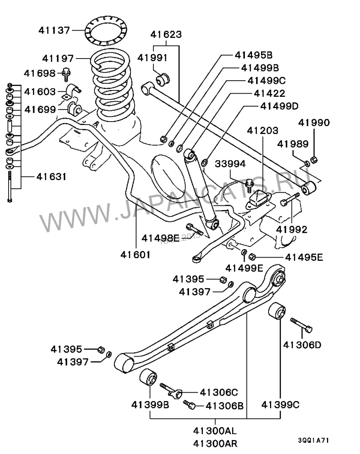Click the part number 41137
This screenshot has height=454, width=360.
tap(54, 30)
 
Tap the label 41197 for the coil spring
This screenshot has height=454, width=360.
tap(58, 59)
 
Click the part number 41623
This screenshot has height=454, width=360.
tap(166, 34)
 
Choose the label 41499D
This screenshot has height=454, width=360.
tap(279, 106)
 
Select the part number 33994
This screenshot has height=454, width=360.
tap(230, 164)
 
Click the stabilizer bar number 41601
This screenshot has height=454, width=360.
tap(135, 254)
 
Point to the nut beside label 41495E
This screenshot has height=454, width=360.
tap(252, 256)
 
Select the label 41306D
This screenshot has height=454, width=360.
tap(302, 345)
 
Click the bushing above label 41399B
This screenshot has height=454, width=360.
tap(148, 377)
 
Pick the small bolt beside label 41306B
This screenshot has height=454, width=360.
tap(189, 404)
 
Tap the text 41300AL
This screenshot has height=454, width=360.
tap(215, 431)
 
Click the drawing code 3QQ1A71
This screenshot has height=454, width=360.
tap(314, 440)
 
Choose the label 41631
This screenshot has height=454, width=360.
tap(51, 177)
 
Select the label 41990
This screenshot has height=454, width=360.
tap(314, 123)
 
